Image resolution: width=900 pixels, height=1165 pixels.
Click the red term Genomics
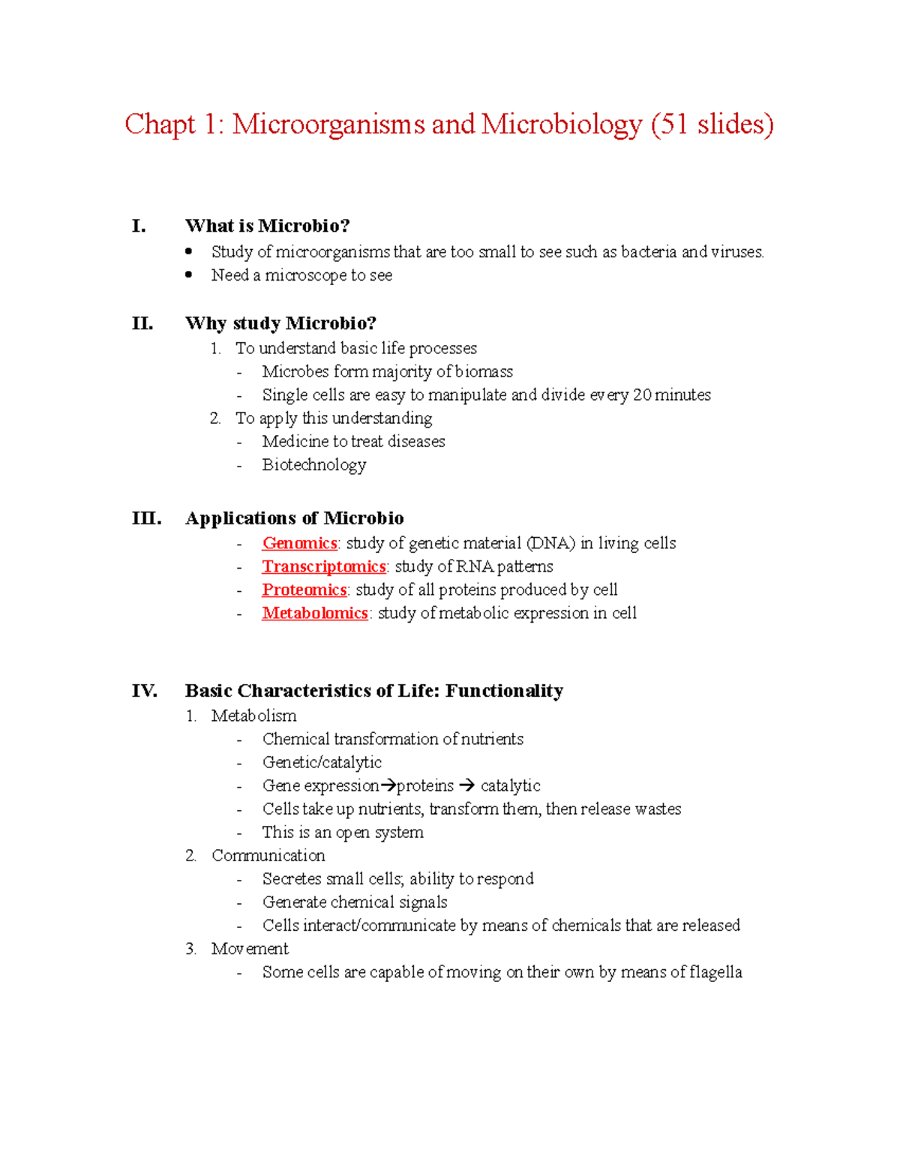coord(299,543)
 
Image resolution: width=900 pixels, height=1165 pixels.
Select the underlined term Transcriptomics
coord(323,566)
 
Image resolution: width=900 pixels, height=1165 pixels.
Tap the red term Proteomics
coord(304,590)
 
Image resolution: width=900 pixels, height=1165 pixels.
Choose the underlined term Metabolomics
coord(314,613)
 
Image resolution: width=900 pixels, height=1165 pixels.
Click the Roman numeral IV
coord(144,691)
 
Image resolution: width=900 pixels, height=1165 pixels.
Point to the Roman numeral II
coord(142,323)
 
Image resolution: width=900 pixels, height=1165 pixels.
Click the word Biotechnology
coord(314,465)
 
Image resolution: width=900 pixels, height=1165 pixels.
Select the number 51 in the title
coord(673,125)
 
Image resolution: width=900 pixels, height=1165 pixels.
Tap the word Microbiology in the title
coord(562,125)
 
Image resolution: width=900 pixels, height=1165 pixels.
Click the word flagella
coord(715,972)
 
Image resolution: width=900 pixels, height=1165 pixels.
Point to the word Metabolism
coord(253,716)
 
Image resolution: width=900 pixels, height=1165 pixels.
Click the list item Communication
coord(268,855)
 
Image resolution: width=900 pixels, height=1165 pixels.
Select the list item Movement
coord(250,949)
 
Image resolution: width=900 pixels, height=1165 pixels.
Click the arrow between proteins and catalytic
coord(466,785)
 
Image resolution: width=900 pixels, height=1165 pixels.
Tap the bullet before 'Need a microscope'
coord(189,275)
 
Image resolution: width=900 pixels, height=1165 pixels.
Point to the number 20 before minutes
coord(642,395)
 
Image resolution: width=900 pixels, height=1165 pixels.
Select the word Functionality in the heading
coord(504,691)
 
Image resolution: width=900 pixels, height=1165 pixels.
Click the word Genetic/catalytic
coord(322,762)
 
